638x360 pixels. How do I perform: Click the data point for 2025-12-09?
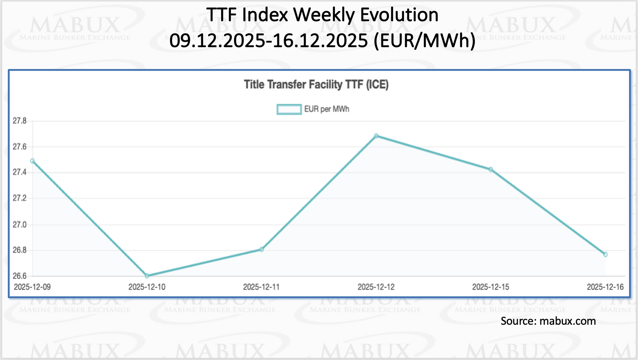tap(32, 161)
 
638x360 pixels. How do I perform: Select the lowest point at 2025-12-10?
tap(147, 276)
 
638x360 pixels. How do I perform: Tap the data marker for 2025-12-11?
tap(262, 249)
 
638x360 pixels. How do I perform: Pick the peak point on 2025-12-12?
tap(376, 136)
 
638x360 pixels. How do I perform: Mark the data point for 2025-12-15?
tap(491, 170)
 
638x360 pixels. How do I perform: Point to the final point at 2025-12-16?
tap(605, 255)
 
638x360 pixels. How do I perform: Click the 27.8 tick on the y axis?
tap(20, 121)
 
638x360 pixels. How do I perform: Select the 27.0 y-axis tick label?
tap(20, 225)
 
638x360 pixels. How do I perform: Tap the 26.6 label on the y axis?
tap(20, 276)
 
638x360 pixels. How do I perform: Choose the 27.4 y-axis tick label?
tap(20, 172)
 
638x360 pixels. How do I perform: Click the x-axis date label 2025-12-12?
tap(376, 287)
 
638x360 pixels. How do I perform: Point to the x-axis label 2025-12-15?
tap(491, 287)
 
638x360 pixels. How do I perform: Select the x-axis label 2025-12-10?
tap(147, 287)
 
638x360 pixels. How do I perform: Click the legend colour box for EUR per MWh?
tap(289, 109)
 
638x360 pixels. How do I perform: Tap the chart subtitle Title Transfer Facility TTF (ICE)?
tap(316, 85)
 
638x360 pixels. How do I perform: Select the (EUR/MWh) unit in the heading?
tap(424, 40)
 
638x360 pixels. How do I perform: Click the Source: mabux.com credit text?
tap(548, 321)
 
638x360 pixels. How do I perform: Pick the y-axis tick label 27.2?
tap(20, 198)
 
